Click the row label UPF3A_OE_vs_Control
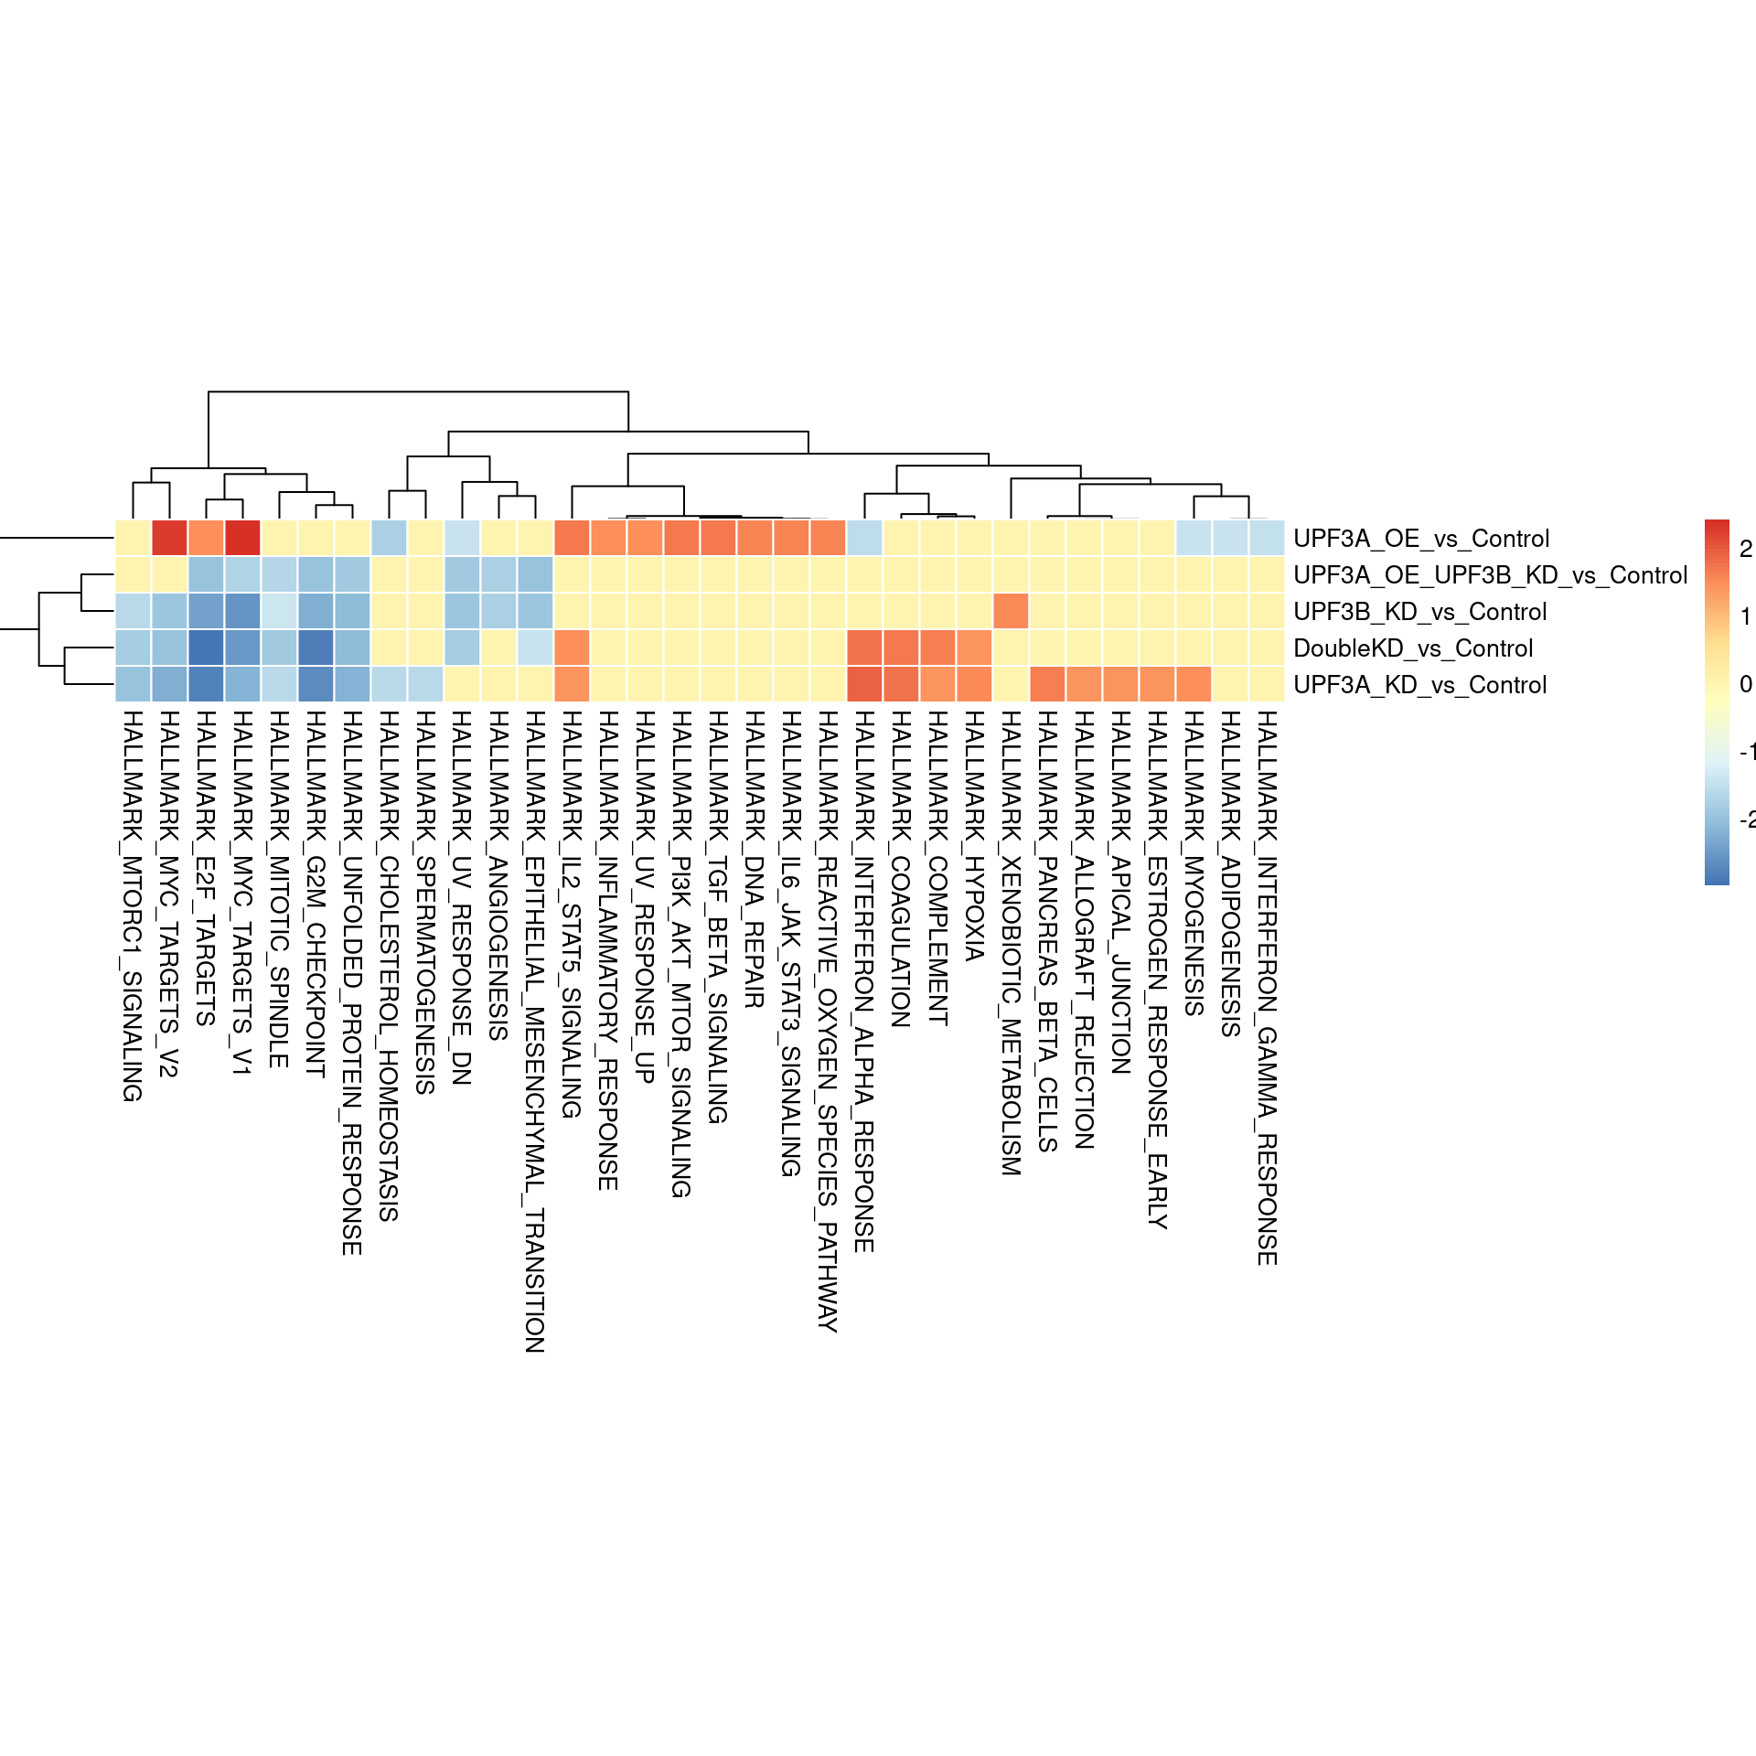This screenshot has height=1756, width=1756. [x=1420, y=539]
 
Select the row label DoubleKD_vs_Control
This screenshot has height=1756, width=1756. [x=1412, y=648]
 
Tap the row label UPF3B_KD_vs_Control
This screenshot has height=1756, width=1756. [x=1419, y=612]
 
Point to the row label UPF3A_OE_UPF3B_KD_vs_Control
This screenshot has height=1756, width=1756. [x=1490, y=575]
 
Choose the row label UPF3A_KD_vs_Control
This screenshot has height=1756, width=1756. [x=1419, y=685]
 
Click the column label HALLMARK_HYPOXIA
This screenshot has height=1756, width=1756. [x=974, y=836]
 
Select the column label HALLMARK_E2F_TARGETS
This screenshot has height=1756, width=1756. [x=206, y=868]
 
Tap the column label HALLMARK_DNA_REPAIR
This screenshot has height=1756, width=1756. [x=755, y=860]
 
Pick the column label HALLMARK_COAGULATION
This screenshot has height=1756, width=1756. [x=901, y=869]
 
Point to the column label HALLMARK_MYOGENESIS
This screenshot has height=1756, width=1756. [x=1194, y=863]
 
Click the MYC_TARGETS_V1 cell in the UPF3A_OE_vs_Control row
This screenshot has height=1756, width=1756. [x=242, y=538]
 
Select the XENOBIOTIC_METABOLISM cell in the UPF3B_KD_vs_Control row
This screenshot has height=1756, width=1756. [x=1011, y=611]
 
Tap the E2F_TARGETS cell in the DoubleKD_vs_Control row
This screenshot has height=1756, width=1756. [x=206, y=648]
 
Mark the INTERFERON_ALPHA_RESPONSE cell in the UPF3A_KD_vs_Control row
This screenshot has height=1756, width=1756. [x=864, y=684]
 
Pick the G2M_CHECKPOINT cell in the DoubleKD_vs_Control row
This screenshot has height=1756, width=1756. [x=316, y=648]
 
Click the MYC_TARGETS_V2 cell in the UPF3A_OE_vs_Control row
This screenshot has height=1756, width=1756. [x=169, y=538]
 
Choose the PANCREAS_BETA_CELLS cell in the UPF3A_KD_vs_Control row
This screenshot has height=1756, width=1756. [x=1047, y=684]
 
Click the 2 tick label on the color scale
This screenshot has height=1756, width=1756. [x=1745, y=549]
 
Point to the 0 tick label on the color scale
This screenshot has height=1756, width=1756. [x=1745, y=684]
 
